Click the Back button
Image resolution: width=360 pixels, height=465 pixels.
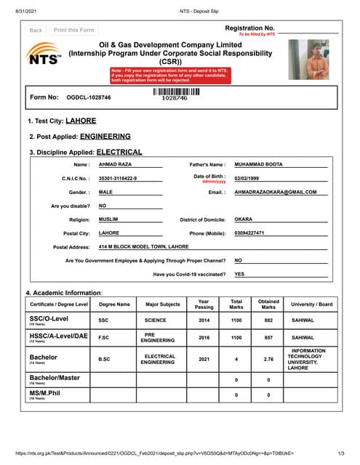coord(36,31)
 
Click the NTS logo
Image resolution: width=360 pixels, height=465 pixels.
coord(43,56)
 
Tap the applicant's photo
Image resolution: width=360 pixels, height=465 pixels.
coord(308,60)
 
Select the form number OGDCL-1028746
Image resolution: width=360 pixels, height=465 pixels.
coord(89,97)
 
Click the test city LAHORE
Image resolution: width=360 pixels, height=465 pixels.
coord(80,121)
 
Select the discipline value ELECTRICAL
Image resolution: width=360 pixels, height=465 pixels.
coord(119,153)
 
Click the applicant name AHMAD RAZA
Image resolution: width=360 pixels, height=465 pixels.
coord(115,165)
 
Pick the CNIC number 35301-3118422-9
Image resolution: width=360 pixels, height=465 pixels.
coord(117,178)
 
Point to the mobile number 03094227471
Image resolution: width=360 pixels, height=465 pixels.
coord(249,233)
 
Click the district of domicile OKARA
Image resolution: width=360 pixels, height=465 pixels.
coord(244,219)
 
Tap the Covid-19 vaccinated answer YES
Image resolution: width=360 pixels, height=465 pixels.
coord(239,275)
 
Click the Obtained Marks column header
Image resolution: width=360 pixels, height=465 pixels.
coord(268,304)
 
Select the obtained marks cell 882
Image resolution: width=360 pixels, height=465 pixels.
coord(268,320)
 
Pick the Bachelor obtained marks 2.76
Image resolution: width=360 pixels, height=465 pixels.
coord(268,359)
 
